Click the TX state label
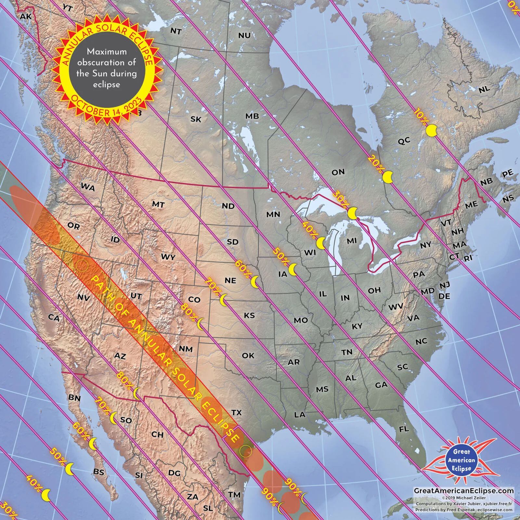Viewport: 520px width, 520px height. [237, 412]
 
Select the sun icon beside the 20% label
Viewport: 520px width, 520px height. [388, 177]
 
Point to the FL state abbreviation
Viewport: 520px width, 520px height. [404, 429]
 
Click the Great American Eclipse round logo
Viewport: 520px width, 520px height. [461, 460]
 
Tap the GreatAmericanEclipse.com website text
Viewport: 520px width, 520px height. [464, 491]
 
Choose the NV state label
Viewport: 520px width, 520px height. [84, 297]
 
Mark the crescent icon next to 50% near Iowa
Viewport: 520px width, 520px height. [293, 269]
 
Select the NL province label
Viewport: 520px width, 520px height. [484, 89]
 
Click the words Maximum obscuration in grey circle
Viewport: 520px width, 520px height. [106, 57]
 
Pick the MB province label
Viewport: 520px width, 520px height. [252, 116]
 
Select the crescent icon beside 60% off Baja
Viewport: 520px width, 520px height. [93, 444]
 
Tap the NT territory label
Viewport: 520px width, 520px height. [176, 31]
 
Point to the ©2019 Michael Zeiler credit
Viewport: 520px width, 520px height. [464, 498]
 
